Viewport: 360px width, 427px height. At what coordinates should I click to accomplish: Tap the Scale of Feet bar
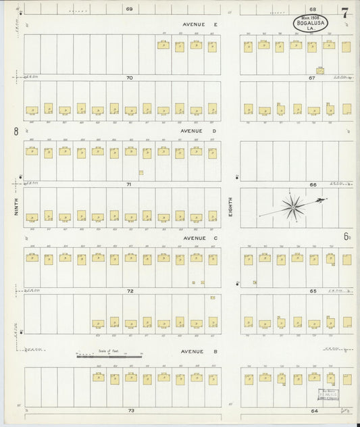111,355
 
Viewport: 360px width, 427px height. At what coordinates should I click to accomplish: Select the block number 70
129,78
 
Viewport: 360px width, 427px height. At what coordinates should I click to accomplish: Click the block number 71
129,184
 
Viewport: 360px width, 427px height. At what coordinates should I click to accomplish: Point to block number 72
130,291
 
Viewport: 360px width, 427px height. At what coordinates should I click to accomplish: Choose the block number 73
130,411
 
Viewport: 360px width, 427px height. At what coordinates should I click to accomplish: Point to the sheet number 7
345,13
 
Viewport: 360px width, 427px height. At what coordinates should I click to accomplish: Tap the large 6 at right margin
345,236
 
